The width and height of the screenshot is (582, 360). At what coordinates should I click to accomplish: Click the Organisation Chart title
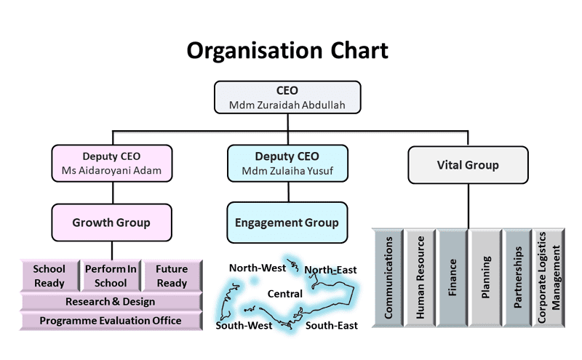coord(287,50)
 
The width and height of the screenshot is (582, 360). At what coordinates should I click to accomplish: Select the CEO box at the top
coord(287,97)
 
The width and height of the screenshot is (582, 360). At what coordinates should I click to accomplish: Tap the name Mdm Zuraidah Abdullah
coord(287,105)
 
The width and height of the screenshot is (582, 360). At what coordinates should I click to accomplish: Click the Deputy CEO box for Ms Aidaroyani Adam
coord(111,164)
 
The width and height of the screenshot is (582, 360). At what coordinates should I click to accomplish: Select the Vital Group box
coord(467,165)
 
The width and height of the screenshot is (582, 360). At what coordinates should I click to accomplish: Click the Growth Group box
coord(111,223)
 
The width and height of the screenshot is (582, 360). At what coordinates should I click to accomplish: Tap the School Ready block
coord(49,276)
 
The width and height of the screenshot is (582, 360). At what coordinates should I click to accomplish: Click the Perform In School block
coord(111,276)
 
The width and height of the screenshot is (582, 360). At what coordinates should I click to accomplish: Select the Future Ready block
coord(172,276)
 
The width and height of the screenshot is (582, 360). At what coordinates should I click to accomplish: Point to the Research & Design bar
coord(111,302)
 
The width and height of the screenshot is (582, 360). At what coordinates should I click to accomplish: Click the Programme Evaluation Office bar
coord(111,321)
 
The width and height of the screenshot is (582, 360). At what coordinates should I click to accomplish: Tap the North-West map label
coord(257,268)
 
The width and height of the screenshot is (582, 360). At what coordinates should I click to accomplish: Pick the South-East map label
coord(331,325)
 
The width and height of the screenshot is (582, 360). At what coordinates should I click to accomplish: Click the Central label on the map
coord(285,294)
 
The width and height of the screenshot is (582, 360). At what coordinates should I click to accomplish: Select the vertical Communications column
coord(388,277)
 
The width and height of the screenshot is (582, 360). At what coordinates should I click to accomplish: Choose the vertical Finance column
coord(453,277)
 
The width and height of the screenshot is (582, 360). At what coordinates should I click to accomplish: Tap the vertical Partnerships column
coord(517,277)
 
